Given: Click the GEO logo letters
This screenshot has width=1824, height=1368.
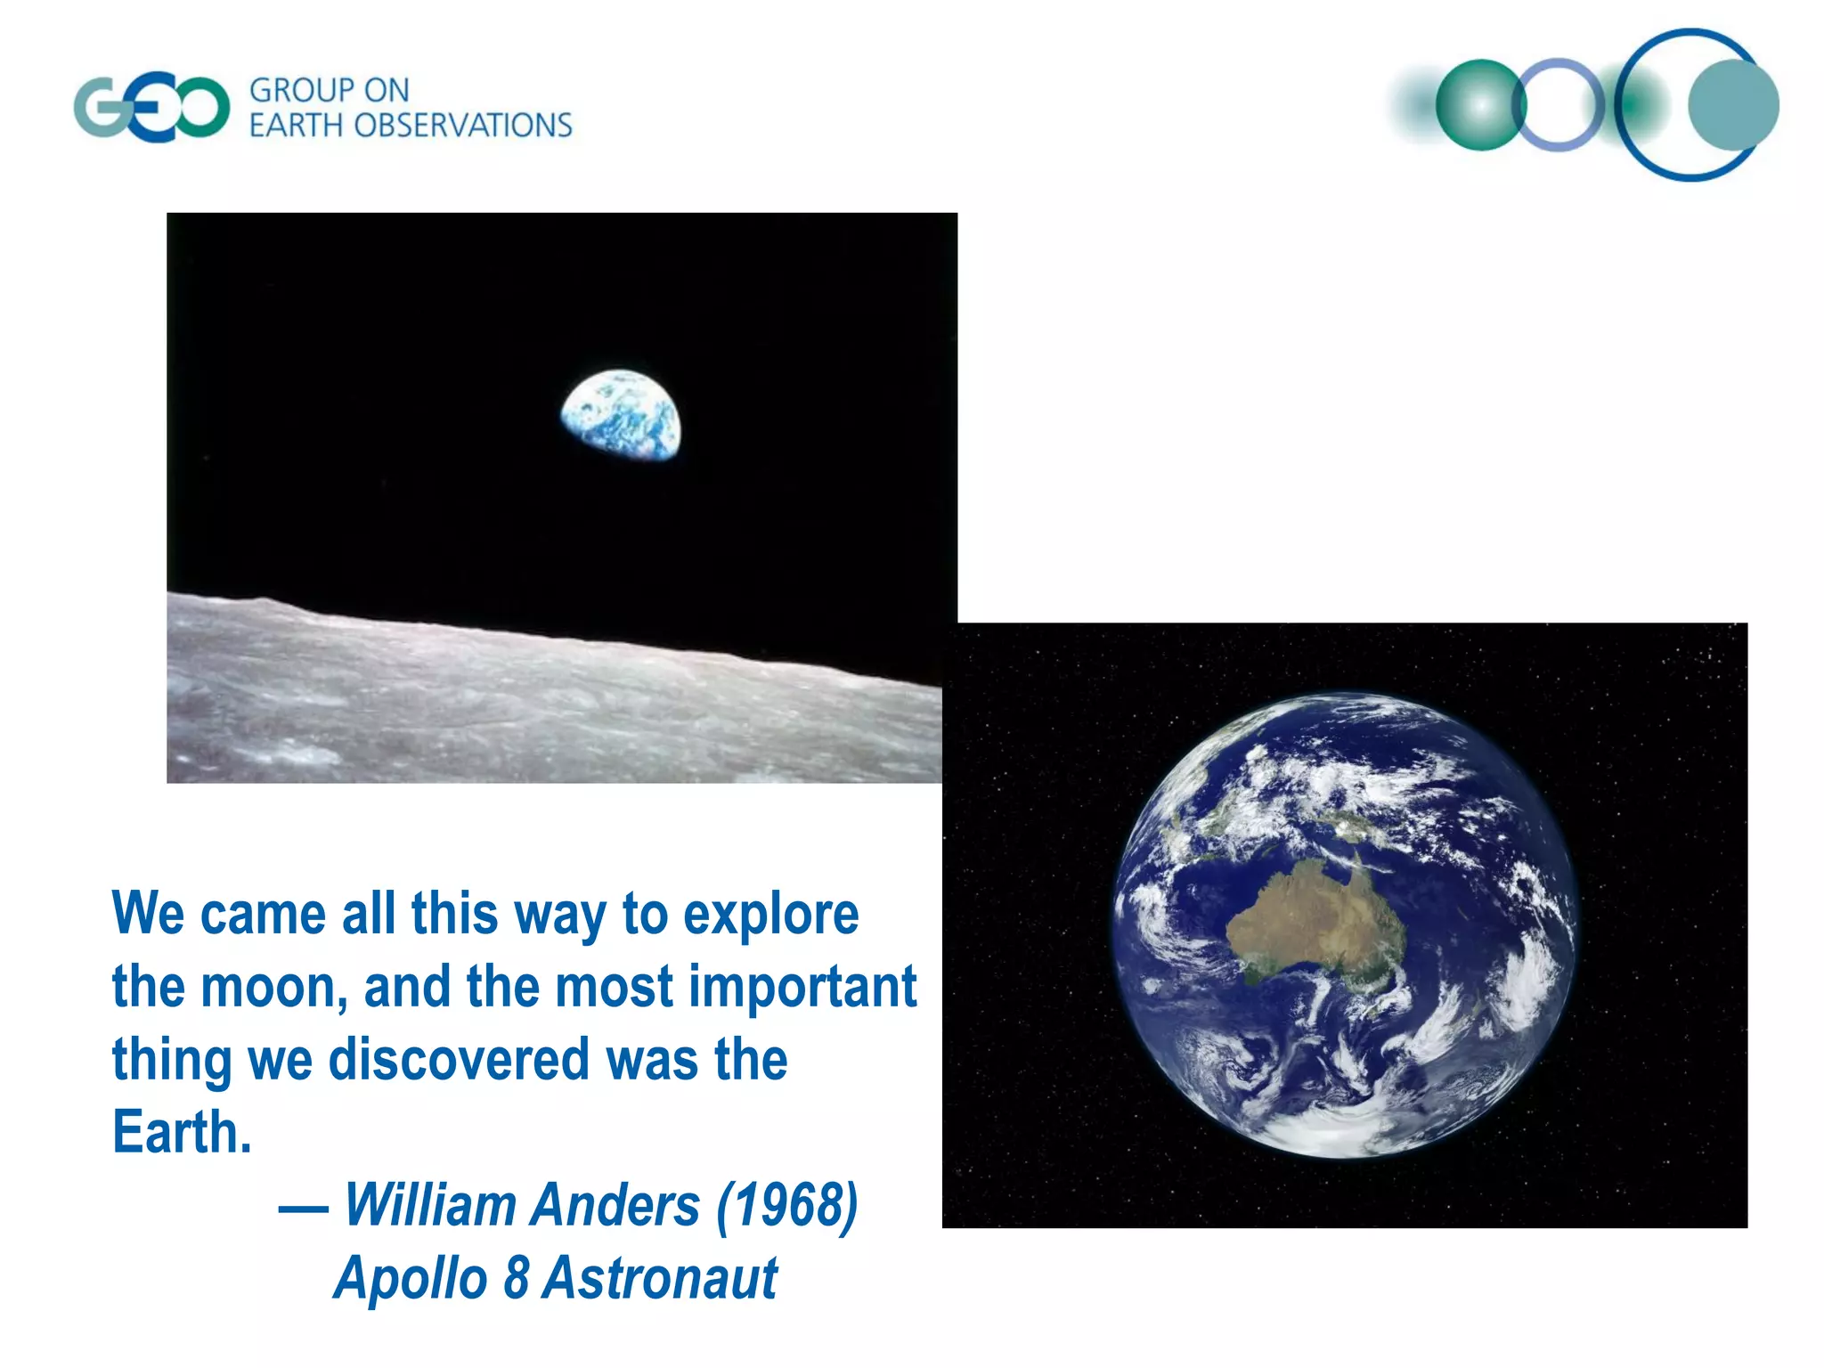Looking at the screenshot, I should (x=151, y=108).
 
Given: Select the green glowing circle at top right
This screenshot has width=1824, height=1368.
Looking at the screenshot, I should (x=1480, y=105).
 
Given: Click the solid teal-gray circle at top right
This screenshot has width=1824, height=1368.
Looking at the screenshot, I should (x=1733, y=105).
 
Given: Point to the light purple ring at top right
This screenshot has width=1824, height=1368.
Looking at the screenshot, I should (x=1559, y=105).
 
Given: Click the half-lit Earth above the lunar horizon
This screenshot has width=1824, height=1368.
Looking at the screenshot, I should (x=621, y=416).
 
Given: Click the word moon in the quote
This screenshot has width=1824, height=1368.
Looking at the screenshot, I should (x=273, y=988).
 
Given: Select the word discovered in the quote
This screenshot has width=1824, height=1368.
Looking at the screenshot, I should (x=460, y=1060).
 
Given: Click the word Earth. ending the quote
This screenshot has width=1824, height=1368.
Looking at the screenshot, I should (x=182, y=1133).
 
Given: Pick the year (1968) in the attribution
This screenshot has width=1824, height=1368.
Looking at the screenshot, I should (x=786, y=1206).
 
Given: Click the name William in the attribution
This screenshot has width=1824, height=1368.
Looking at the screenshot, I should (x=430, y=1206).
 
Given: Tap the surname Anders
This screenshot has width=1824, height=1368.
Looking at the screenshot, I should (x=616, y=1206).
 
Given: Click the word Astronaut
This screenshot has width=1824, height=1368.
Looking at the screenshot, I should (x=660, y=1278).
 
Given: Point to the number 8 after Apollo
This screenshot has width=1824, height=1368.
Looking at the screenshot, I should (x=517, y=1278).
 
